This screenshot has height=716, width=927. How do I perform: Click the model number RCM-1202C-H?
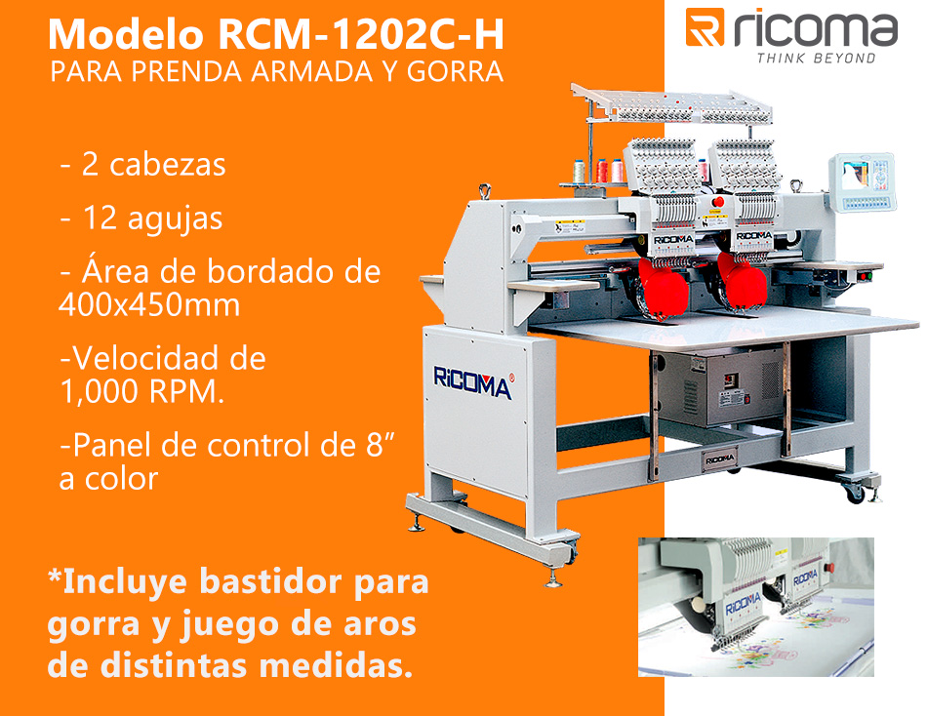361,34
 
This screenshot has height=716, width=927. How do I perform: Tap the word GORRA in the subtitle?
456,71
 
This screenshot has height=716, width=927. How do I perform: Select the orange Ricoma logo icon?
705,27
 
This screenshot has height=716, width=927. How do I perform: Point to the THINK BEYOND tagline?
816,58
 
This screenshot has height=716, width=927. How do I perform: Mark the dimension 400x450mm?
149,305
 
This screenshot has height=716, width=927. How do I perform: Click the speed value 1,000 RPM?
141,391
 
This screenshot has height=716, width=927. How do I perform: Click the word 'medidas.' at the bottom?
336,665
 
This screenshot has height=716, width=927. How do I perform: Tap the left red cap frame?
664,286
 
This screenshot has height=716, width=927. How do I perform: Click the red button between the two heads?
718,202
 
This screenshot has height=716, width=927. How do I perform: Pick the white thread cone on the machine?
579,172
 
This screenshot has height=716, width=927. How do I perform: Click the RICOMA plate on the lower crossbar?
719,458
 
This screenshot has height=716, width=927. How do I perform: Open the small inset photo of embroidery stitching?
756,607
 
